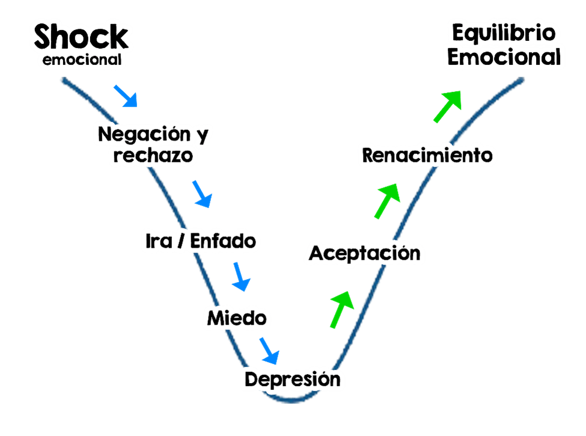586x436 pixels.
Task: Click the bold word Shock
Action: click(x=81, y=37)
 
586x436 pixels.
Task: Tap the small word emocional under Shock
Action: click(x=82, y=60)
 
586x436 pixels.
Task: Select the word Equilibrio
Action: click(x=504, y=34)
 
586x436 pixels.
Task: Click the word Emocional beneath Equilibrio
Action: click(x=504, y=57)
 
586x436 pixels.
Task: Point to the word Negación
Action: click(x=144, y=134)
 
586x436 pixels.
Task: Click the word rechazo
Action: click(x=153, y=155)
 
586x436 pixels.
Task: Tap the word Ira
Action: click(x=159, y=241)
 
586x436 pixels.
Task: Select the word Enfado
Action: click(x=223, y=241)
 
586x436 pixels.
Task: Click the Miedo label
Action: click(x=237, y=318)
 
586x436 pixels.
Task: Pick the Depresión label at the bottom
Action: click(x=293, y=379)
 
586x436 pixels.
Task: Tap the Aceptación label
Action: click(x=365, y=254)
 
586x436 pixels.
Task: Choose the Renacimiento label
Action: click(x=427, y=155)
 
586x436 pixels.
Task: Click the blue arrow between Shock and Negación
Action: click(x=126, y=96)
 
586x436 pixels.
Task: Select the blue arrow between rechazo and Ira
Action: click(x=203, y=194)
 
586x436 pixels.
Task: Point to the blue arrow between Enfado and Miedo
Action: click(x=241, y=277)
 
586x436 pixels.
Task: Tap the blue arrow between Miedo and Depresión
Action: click(x=269, y=351)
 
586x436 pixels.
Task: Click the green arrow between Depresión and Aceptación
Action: click(x=341, y=310)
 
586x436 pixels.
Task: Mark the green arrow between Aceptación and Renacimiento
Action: click(x=387, y=201)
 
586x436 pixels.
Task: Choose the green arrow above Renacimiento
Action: click(x=447, y=106)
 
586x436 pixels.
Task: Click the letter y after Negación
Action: click(x=203, y=136)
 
